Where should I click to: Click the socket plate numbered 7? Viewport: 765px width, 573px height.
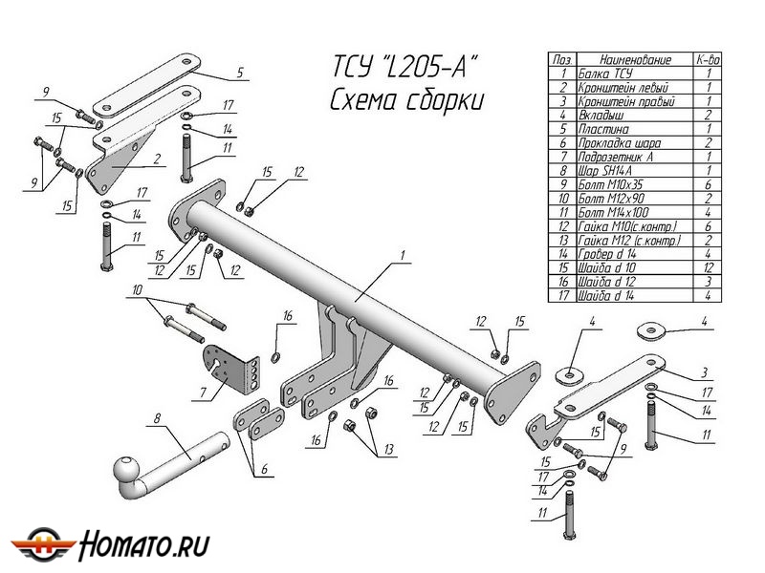pyautogui.click(x=230, y=371)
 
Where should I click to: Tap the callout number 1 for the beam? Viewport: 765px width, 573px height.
pyautogui.click(x=403, y=256)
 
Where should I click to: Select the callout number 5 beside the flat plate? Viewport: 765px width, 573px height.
pyautogui.click(x=240, y=73)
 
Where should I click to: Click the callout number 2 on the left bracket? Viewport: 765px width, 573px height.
pyautogui.click(x=157, y=159)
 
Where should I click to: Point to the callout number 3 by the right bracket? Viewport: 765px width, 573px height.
pyautogui.click(x=704, y=372)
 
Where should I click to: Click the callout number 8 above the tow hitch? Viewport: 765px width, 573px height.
pyautogui.click(x=157, y=418)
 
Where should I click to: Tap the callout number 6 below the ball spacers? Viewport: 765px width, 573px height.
pyautogui.click(x=265, y=469)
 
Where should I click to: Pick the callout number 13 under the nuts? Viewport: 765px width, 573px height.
pyautogui.click(x=389, y=449)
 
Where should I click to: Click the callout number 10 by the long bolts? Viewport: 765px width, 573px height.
pyautogui.click(x=137, y=290)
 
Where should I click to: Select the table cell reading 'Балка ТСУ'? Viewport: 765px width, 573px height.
pyautogui.click(x=605, y=74)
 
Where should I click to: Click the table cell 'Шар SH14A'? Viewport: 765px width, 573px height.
pyautogui.click(x=605, y=171)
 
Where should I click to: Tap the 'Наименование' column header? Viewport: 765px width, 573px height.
pyautogui.click(x=635, y=60)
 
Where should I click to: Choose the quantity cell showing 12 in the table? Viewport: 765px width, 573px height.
pyautogui.click(x=708, y=267)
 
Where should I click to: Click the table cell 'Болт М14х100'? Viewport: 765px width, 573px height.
pyautogui.click(x=613, y=212)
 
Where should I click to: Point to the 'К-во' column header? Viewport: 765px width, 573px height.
pyautogui.click(x=708, y=60)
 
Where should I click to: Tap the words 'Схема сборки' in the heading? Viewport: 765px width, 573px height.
pyautogui.click(x=407, y=101)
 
